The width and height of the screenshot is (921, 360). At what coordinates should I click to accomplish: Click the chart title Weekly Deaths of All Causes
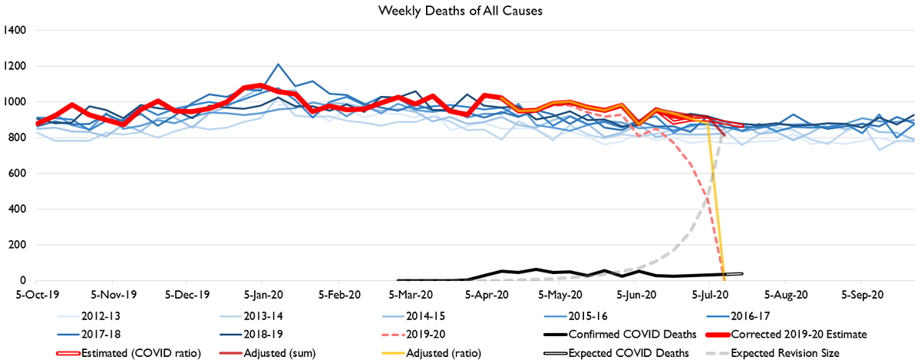click(460, 11)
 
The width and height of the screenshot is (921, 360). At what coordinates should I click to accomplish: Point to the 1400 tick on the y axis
click(15, 30)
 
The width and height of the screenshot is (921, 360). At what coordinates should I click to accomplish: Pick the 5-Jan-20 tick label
click(262, 294)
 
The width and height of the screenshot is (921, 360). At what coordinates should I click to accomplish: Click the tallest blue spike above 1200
click(278, 64)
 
